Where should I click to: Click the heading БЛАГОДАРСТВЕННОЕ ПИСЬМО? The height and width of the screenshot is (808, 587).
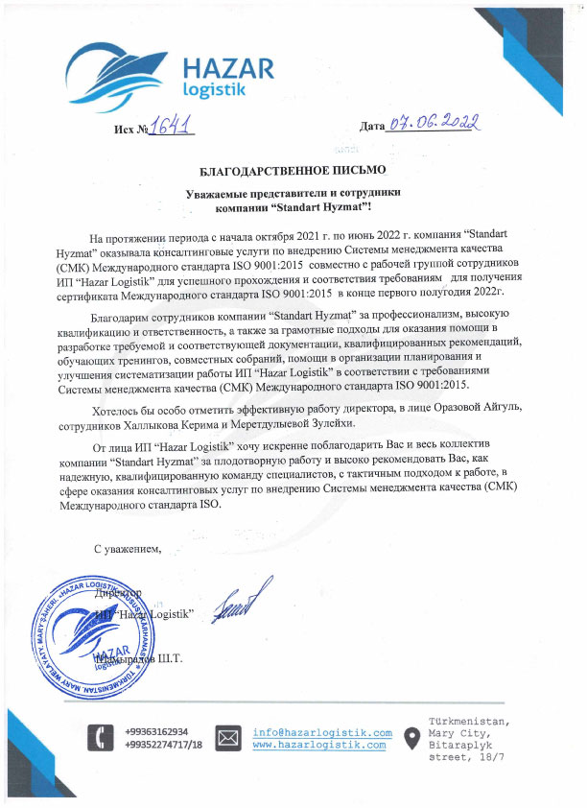tap(293, 170)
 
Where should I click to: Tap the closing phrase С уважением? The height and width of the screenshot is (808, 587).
tap(128, 549)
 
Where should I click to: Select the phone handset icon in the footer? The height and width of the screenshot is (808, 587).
tap(97, 737)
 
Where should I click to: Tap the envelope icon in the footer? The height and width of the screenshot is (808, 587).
tap(228, 737)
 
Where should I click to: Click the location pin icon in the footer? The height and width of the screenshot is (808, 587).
tap(411, 737)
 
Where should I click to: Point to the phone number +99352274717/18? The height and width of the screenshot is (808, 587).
tap(164, 744)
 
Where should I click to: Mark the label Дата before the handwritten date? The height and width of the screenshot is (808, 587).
tap(371, 126)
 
